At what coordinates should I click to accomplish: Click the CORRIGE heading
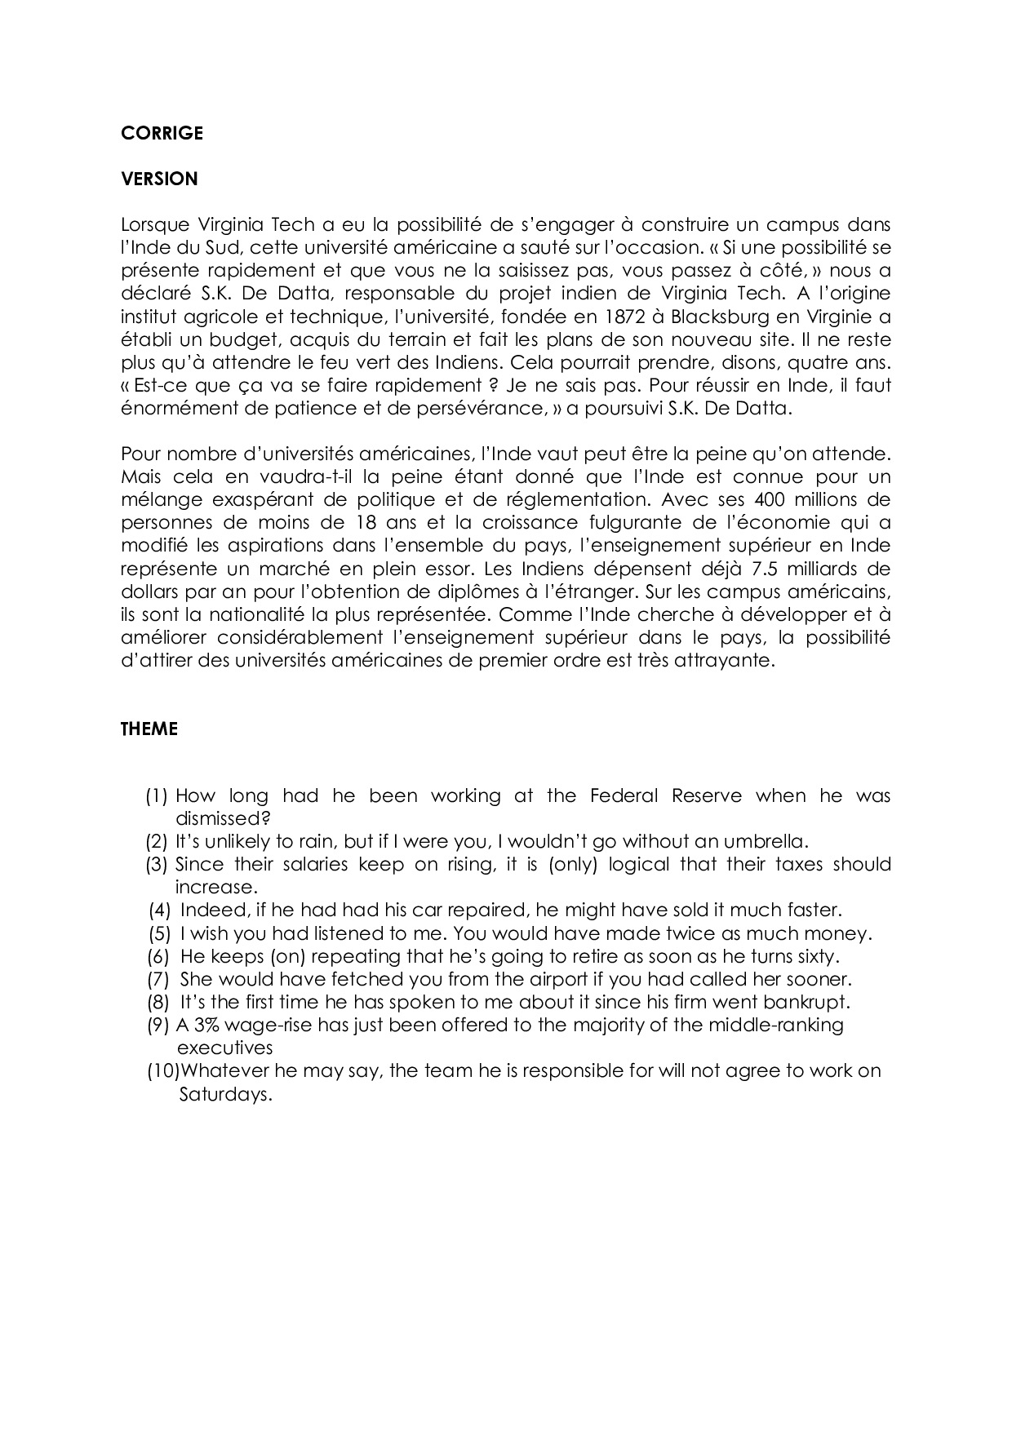pos(162,133)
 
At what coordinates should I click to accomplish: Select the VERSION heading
pos(159,179)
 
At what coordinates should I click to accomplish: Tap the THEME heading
pos(149,729)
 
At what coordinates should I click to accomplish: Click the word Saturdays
pos(224,1094)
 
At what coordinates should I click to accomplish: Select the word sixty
pos(816,956)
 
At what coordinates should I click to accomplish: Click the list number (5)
pos(159,933)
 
